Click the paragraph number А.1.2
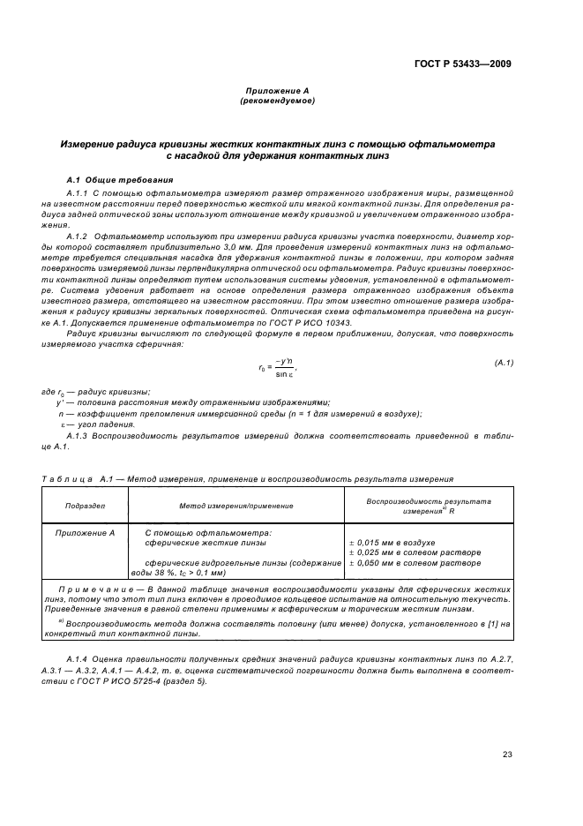pyautogui.click(x=78, y=236)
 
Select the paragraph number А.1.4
pyautogui.click(x=78, y=659)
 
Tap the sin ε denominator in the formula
pyautogui.click(x=284, y=374)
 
